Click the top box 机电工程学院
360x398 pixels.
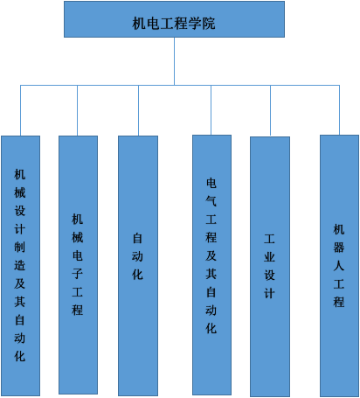click(x=174, y=19)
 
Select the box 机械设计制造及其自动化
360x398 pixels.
click(x=20, y=266)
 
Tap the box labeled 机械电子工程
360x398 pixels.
click(x=78, y=265)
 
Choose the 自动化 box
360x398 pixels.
click(x=138, y=266)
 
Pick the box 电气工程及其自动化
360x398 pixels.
click(x=211, y=265)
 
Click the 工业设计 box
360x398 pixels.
click(x=270, y=267)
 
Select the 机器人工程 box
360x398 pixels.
click(x=339, y=266)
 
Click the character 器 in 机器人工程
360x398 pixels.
click(x=339, y=248)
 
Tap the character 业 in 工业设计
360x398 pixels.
click(x=269, y=257)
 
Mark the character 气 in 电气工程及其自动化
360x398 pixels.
click(x=211, y=201)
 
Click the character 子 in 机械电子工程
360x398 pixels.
click(x=78, y=274)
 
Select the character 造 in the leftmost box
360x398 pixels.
click(x=19, y=265)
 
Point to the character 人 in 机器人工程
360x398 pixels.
click(x=339, y=266)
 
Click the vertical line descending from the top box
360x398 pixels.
click(x=174, y=61)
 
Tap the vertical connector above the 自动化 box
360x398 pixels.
click(x=138, y=110)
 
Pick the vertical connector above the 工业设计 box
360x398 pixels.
click(x=270, y=111)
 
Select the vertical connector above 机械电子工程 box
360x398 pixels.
click(x=77, y=110)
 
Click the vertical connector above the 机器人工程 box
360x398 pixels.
click(x=339, y=110)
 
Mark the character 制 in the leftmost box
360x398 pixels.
click(x=19, y=248)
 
